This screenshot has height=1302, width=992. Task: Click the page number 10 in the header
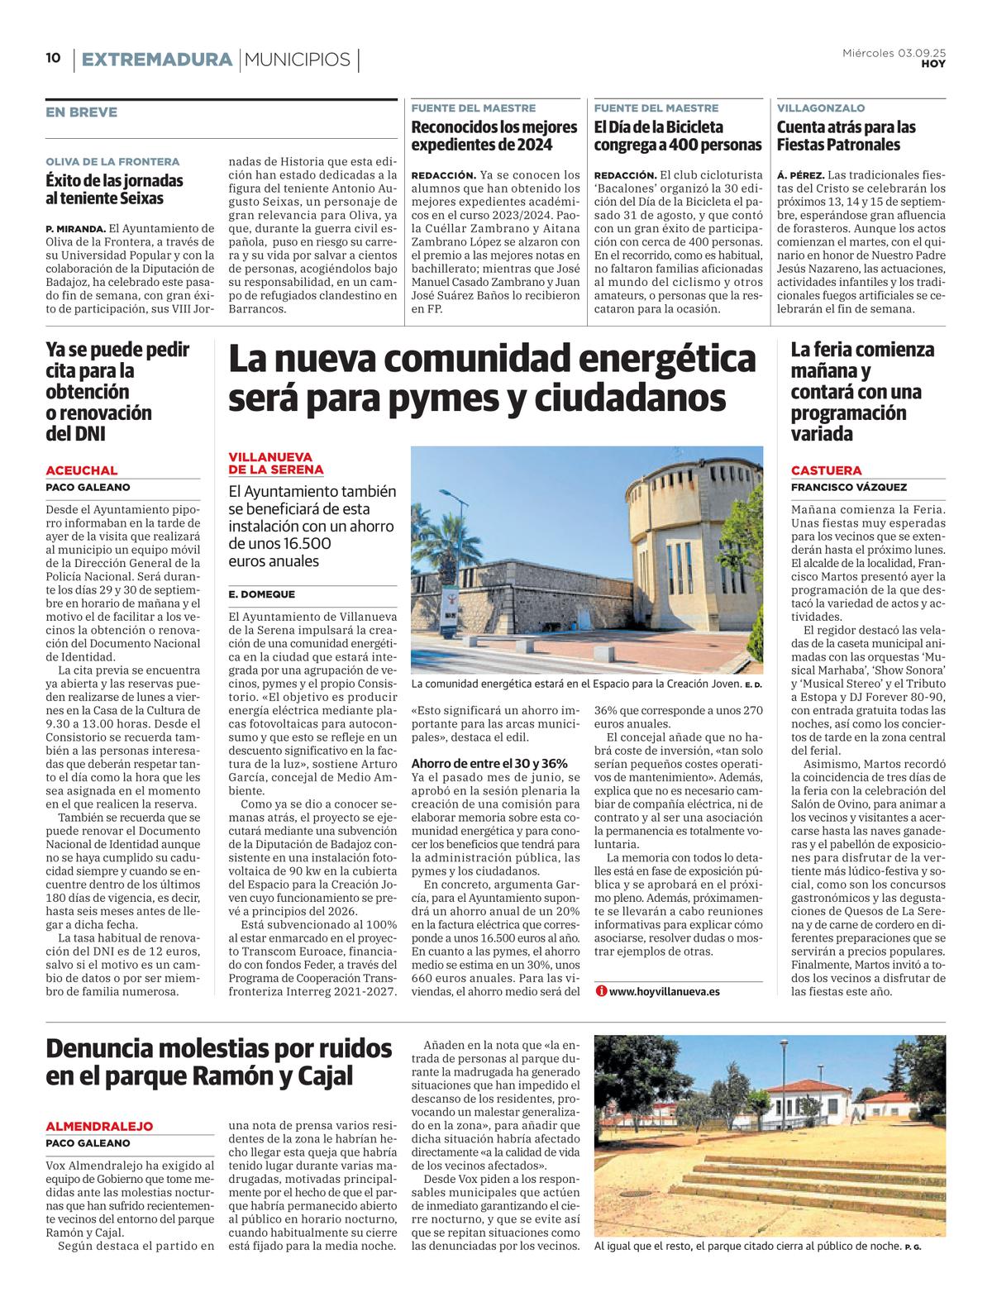[53, 59]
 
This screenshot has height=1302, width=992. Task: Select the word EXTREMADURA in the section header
[157, 60]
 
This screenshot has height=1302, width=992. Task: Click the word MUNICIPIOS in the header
[298, 60]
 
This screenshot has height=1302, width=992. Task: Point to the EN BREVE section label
[81, 112]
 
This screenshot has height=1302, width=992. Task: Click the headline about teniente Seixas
[114, 189]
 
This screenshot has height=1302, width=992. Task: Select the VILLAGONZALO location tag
[821, 108]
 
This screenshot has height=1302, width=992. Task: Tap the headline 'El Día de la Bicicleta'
[678, 136]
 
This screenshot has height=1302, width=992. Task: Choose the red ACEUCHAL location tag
[81, 470]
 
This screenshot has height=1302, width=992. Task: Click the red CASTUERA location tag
[826, 470]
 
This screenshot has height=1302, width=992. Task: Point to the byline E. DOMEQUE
[261, 594]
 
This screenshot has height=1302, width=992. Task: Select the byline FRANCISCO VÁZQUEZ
[848, 488]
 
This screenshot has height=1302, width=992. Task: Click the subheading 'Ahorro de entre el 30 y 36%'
[489, 764]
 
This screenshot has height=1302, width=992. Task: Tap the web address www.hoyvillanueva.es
[664, 991]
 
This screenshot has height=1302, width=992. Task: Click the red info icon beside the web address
[601, 991]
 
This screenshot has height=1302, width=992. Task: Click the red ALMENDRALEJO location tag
[99, 1126]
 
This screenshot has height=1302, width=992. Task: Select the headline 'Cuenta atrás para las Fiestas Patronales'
[847, 136]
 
